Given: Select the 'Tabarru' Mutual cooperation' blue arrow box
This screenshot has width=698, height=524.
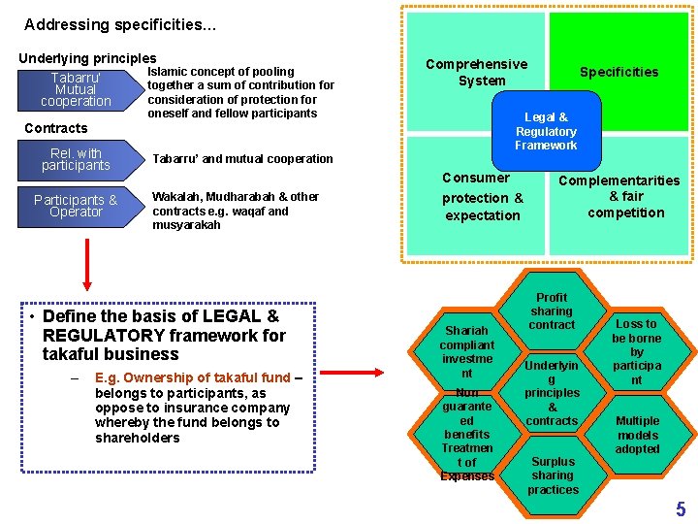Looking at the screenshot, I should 78,89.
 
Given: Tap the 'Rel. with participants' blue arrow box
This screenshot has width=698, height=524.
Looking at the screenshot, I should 78,159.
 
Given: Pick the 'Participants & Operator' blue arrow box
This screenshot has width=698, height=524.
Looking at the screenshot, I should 78,206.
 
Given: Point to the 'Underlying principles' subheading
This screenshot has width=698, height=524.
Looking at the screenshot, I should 87,58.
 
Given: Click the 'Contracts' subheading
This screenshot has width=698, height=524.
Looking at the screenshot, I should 55,128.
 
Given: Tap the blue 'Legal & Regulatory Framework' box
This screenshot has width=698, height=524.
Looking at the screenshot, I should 546,132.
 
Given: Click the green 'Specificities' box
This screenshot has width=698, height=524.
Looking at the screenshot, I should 619,72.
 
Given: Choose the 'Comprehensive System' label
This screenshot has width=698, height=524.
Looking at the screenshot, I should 477,72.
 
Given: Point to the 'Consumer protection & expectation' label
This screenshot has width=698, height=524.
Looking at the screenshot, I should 483,197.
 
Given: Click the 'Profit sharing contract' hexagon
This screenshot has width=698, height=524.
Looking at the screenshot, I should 552,311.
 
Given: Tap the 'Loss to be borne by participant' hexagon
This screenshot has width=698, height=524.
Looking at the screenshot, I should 636,351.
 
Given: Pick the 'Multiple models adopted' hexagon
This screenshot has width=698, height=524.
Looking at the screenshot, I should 636,435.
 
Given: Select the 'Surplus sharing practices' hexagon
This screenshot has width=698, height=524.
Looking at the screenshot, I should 553,475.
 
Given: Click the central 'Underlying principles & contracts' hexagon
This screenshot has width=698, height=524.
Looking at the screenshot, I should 552,393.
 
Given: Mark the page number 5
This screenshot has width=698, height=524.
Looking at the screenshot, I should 681,508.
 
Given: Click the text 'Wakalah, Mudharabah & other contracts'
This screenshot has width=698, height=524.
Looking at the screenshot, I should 235,203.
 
